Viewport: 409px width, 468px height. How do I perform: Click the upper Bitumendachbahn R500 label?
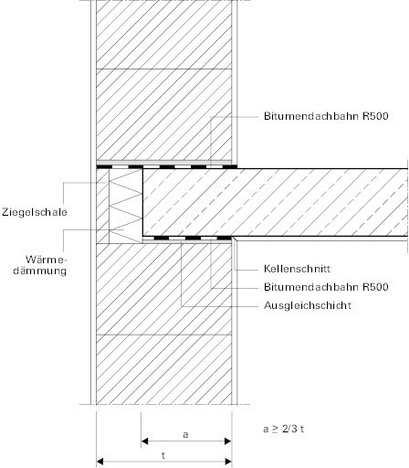coord(326,116)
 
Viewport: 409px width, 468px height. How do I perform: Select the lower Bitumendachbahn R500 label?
coord(326,287)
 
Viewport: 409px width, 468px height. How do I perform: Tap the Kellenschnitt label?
coord(297,269)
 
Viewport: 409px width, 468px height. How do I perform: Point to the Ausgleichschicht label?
coord(308,305)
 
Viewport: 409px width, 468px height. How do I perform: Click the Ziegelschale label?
coord(35,212)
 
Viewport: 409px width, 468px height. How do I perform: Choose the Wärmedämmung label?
coord(40,265)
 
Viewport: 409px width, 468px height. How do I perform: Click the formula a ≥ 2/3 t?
coord(284,429)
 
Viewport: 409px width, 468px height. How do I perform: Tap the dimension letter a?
coord(185,434)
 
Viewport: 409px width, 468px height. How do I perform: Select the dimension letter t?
coord(163,456)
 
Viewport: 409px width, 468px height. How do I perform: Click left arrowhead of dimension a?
coord(144,441)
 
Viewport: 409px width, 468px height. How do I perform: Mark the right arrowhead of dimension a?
coord(228,441)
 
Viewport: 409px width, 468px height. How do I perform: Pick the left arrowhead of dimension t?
coord(100,462)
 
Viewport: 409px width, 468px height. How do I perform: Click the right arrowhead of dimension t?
coord(228,462)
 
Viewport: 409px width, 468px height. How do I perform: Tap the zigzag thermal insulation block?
coord(126,206)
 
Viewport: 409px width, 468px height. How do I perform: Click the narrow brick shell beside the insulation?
coord(102,206)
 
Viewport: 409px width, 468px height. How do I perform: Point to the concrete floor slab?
coord(275,202)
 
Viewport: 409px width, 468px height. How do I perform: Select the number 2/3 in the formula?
coord(289,429)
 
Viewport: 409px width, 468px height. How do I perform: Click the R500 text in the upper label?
coord(375,116)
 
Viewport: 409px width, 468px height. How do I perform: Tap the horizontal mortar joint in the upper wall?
coord(164,69)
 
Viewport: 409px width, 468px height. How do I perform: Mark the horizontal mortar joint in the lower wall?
coord(164,335)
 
